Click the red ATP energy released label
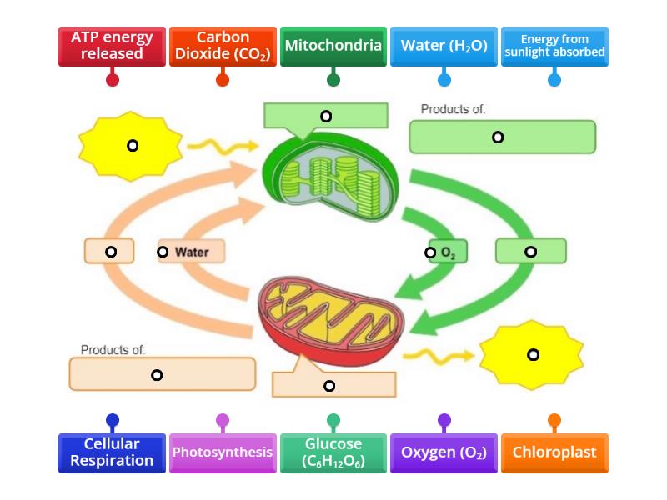pos(112,46)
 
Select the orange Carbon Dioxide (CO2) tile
pos(223,46)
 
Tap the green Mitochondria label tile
pos(333,46)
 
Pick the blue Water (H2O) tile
pos(444,46)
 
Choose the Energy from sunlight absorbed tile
pos(554,46)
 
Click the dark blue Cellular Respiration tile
pos(112,452)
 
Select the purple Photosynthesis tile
pos(223,452)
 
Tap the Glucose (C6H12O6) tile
pos(333,452)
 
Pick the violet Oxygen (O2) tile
pos(444,452)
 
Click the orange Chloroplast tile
pos(554,452)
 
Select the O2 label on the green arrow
pos(448,252)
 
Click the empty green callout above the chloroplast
pos(326,117)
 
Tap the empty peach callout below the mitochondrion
pos(334,384)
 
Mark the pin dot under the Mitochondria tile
pos(333,80)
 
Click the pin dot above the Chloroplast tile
pos(554,421)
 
